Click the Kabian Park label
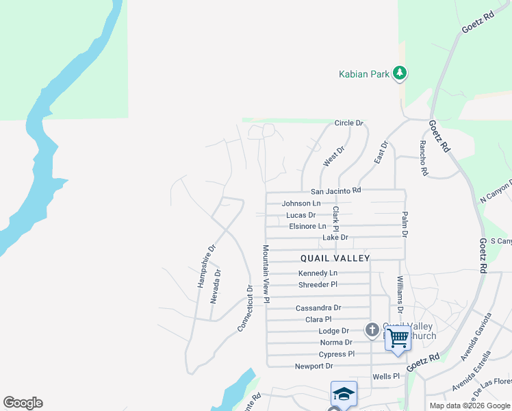tap(365, 73)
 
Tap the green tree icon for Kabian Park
tap(400, 73)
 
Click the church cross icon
tap(372, 330)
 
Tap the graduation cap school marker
tap(344, 394)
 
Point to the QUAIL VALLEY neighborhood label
tap(335, 258)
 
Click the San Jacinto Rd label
tap(335, 191)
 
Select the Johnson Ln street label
tap(301, 203)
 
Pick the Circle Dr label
tap(348, 123)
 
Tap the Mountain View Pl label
tap(266, 274)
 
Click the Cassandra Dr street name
tap(318, 308)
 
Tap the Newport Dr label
tap(313, 366)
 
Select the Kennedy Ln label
tap(318, 273)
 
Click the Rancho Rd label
tap(424, 159)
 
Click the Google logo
tap(23, 403)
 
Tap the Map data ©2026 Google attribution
tap(470, 406)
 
